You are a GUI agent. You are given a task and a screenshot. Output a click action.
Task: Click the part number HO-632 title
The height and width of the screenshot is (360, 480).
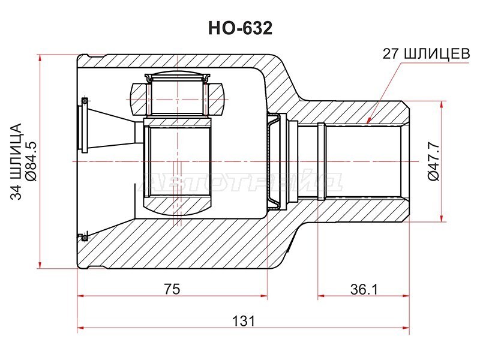(x=240, y=28)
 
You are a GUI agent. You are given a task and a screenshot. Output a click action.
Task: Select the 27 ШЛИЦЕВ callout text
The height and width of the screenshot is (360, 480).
(x=426, y=54)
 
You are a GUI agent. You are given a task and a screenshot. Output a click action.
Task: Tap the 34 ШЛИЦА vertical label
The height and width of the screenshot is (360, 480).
(x=16, y=161)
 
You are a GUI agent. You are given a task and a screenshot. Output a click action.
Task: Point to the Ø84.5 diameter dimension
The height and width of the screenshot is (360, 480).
(x=31, y=161)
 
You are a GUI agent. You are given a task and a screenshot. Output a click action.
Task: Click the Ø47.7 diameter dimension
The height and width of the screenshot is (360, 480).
(x=433, y=161)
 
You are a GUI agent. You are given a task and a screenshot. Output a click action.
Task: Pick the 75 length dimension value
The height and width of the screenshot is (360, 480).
(x=172, y=289)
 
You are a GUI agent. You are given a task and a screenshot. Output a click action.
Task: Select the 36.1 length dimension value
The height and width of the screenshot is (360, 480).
(x=364, y=289)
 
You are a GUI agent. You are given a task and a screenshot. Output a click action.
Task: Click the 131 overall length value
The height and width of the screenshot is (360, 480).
(x=244, y=321)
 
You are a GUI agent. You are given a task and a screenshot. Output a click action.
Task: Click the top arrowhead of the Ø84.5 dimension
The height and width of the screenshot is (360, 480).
(x=40, y=58)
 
